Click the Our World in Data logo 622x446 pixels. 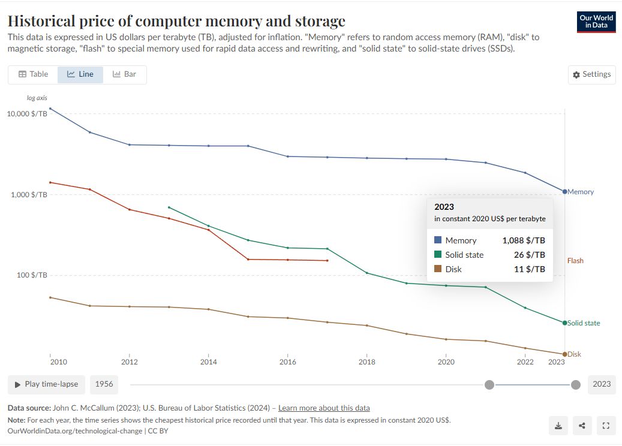coord(596,22)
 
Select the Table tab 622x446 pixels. coord(34,74)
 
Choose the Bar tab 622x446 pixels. coord(125,74)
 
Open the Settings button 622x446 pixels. coord(591,74)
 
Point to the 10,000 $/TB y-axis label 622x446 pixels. coord(28,113)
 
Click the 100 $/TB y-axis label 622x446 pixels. coord(31,275)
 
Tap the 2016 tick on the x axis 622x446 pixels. coord(288,362)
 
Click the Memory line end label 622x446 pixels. coord(581,192)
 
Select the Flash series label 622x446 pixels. coord(575,261)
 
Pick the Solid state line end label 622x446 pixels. coord(584,323)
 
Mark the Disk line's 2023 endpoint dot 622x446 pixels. coord(564,354)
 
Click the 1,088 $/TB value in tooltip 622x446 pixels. coord(524,240)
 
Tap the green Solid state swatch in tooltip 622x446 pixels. coord(437,255)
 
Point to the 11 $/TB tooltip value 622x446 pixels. coord(530,269)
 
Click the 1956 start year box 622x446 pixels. coord(104,384)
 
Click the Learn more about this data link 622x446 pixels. coord(324,408)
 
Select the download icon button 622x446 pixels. coord(558,426)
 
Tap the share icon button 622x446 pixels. coord(582,426)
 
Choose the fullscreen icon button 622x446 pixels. coord(605,426)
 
